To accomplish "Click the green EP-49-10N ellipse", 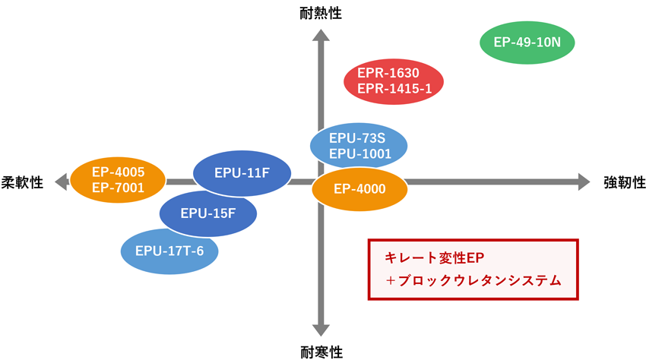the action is tap(527, 43).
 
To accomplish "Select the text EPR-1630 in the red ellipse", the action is tap(388, 73).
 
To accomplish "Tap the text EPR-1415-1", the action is tap(394, 89).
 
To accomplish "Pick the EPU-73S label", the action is tap(357, 138).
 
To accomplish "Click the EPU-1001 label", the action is tap(360, 153).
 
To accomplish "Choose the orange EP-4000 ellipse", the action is tap(359, 189).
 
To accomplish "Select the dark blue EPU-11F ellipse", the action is tap(242, 173).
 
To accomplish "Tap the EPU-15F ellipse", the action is tap(208, 213).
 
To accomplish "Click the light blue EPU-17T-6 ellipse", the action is tap(169, 251).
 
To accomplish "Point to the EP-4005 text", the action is tap(119, 172).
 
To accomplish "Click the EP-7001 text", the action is tap(119, 188).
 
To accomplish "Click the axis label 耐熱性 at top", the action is tap(321, 13).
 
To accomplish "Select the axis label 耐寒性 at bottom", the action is tap(321, 352).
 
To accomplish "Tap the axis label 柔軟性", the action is tap(22, 182).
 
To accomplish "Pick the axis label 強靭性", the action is tap(625, 182).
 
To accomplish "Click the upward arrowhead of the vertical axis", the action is tap(321, 35).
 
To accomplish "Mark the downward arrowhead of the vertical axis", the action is tap(321, 330).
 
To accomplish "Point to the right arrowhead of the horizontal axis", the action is tap(584, 182).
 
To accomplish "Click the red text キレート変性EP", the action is tap(434, 258).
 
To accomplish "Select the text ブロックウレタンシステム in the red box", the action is tap(480, 280).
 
